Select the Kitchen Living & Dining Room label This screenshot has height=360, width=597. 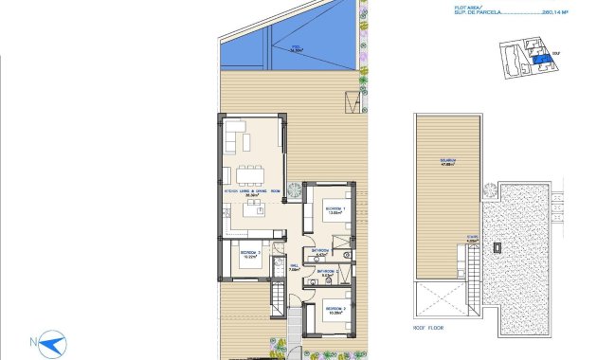(x=251, y=191)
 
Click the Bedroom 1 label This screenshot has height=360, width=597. (x=333, y=209)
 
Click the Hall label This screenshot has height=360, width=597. (x=294, y=268)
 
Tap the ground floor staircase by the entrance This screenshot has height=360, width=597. (x=277, y=303)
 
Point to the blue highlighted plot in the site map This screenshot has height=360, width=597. (x=538, y=58)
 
